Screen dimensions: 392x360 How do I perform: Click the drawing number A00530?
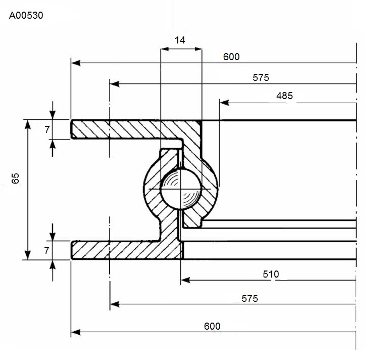pyautogui.click(x=26, y=16)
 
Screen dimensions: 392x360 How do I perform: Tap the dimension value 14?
pyautogui.click(x=180, y=40)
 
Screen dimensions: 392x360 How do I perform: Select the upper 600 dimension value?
pyautogui.click(x=231, y=57)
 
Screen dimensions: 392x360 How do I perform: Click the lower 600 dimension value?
pyautogui.click(x=212, y=326)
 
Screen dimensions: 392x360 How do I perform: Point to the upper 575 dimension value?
pyautogui.click(x=261, y=77)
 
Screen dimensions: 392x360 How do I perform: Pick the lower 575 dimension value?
pyautogui.click(x=250, y=298)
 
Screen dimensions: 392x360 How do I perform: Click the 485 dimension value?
pyautogui.click(x=284, y=96)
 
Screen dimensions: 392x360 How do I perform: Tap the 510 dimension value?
pyautogui.click(x=271, y=274)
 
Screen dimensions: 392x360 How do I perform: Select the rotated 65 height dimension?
pyautogui.click(x=15, y=178)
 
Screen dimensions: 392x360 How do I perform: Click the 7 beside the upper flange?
pyautogui.click(x=47, y=129)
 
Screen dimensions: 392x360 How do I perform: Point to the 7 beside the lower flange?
pyautogui.click(x=46, y=250)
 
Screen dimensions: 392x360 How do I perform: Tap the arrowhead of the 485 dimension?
pyautogui.click(x=224, y=103)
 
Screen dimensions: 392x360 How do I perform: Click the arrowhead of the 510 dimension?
pyautogui.click(x=185, y=280)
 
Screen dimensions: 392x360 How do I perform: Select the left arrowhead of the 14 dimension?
pyautogui.click(x=165, y=49)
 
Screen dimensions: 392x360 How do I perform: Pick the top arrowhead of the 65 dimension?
pyautogui.click(x=28, y=124)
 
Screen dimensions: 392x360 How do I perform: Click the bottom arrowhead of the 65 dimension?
pyautogui.click(x=28, y=255)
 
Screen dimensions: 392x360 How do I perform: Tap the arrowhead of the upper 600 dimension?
pyautogui.click(x=76, y=63)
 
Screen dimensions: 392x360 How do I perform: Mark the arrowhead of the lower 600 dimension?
pyautogui.click(x=76, y=332)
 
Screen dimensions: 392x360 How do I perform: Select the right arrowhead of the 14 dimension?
pyautogui.click(x=198, y=49)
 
